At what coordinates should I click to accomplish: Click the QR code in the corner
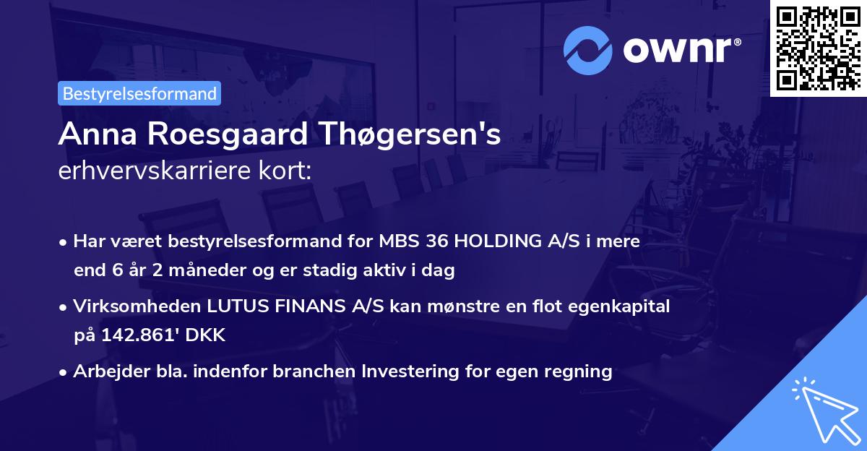tap(818, 48)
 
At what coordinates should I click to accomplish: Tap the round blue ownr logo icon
tap(587, 49)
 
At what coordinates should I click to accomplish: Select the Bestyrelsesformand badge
tap(139, 93)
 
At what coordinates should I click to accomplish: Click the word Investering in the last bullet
tap(412, 371)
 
